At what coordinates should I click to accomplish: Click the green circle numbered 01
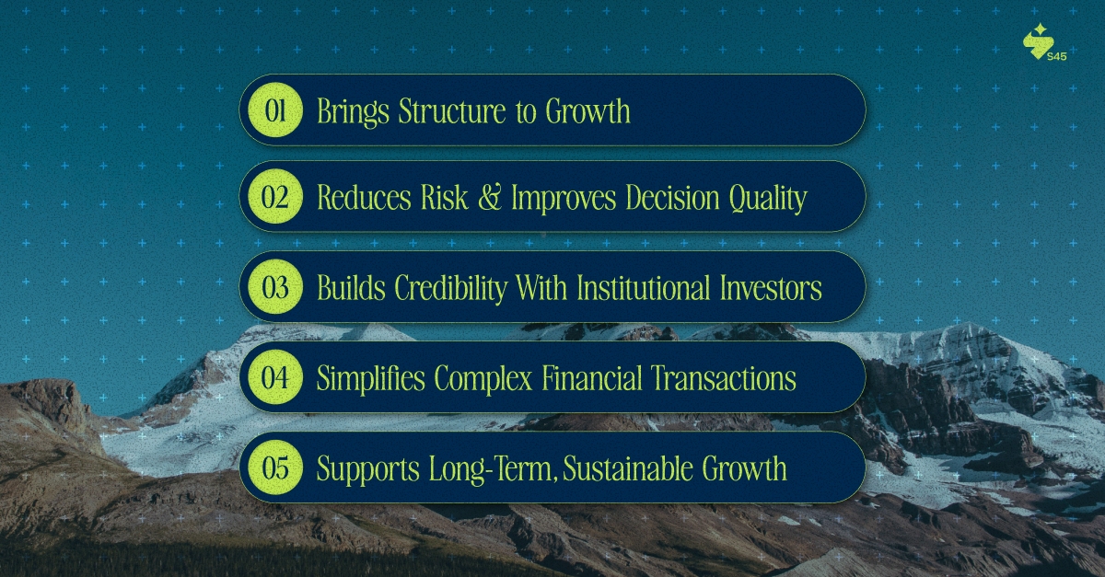pyautogui.click(x=276, y=111)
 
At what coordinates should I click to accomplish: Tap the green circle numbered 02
pyautogui.click(x=276, y=197)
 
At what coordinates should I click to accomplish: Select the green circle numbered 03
pyautogui.click(x=276, y=288)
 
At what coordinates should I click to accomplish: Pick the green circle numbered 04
pyautogui.click(x=276, y=378)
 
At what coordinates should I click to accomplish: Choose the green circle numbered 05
pyautogui.click(x=276, y=468)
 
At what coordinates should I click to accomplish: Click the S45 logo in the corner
pyautogui.click(x=1043, y=44)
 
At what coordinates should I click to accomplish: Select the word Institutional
pyautogui.click(x=643, y=288)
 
